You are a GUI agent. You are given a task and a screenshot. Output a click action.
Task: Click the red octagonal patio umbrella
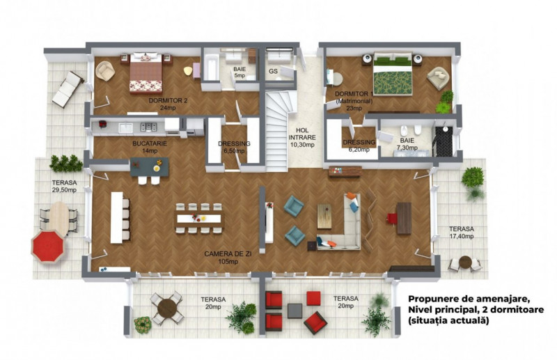point(47,246)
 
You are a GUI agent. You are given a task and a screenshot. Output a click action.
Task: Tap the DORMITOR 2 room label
point(168,100)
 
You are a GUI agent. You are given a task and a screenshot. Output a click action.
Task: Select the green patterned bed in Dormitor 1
point(393,75)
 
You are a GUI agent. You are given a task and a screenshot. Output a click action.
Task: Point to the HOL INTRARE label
point(302,134)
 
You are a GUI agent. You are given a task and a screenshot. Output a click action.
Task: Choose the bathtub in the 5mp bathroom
point(211,68)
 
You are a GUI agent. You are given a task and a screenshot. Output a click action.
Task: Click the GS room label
point(273,72)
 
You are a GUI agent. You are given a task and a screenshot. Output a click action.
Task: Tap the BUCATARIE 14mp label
point(150,147)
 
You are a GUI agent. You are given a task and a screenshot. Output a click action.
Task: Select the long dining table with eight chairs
point(199,218)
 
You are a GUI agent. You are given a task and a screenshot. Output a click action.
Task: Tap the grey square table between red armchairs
point(295,311)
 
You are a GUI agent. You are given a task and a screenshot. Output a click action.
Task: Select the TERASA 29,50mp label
point(64,186)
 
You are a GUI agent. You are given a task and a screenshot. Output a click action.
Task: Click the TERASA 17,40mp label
point(461,233)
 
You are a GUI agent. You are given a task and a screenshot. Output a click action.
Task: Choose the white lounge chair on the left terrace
point(68,89)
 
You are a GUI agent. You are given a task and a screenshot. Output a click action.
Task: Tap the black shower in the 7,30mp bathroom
point(444,141)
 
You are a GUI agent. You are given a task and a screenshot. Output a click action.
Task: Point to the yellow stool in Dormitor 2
point(188,71)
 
